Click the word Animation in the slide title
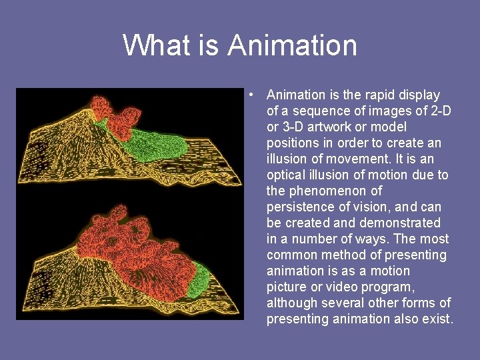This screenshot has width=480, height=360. (292, 45)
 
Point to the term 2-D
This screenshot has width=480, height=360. (438, 111)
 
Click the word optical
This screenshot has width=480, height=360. (287, 175)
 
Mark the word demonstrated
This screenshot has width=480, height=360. (400, 223)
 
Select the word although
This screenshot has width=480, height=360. (293, 303)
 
